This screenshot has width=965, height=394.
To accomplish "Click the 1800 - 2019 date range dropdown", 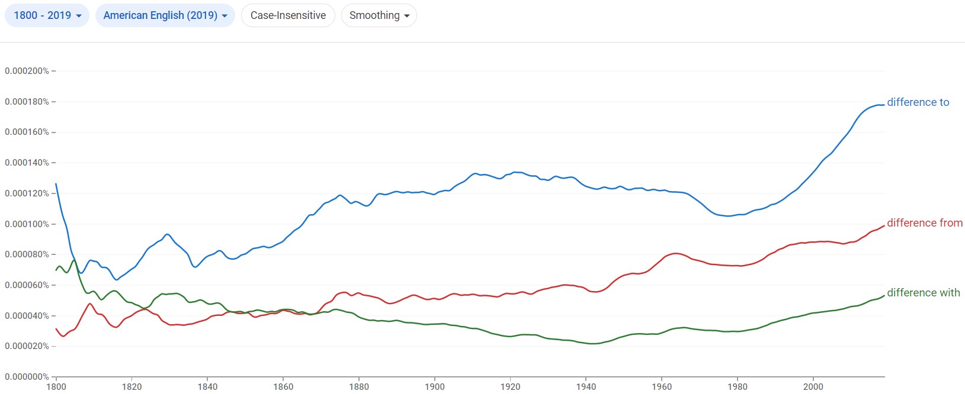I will (47, 15).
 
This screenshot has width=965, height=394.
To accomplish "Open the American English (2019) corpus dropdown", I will (165, 15).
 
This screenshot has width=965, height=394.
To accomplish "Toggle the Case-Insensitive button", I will (288, 15).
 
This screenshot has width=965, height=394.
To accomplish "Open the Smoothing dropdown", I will (379, 15).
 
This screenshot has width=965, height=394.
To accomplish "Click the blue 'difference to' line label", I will (918, 102).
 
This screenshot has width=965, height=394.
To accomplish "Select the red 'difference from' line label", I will (924, 223).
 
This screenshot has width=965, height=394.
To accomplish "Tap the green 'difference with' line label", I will (923, 293).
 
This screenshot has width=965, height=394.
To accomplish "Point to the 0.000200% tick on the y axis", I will (27, 71).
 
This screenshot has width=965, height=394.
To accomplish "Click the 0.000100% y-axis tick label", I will (27, 224).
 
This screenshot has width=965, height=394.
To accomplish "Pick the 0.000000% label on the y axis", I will (27, 377).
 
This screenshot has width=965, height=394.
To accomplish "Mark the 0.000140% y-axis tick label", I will (27, 163).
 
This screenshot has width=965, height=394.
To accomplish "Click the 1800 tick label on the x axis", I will (56, 387).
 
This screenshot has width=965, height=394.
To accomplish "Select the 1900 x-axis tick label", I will (435, 387).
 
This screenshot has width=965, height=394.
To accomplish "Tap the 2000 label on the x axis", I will (813, 387).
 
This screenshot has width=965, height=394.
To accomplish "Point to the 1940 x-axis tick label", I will (586, 387).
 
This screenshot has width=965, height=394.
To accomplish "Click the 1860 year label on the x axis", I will (283, 387).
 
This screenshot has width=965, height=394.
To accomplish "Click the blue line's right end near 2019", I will (883, 105).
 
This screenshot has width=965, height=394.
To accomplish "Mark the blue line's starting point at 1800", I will (56, 184).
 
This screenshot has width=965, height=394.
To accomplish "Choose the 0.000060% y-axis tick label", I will (27, 285).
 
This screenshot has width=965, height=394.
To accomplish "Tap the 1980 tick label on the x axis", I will (738, 387).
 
